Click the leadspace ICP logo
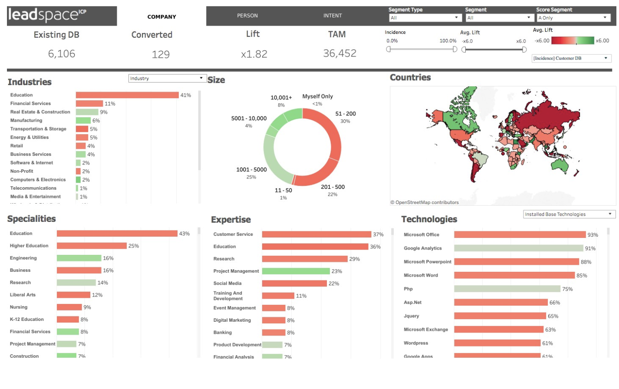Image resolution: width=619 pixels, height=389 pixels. point(61,16)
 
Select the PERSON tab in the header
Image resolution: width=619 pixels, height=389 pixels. point(247,16)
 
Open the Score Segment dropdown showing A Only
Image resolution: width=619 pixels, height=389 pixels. point(573,18)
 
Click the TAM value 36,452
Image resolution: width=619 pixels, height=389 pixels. point(339,53)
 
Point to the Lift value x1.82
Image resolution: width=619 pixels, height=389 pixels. point(254,54)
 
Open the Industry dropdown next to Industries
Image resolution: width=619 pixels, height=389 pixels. point(166,79)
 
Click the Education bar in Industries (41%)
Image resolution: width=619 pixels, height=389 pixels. point(127,95)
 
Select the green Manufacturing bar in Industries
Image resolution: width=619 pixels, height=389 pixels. point(83,121)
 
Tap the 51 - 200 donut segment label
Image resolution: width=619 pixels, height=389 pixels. point(345,114)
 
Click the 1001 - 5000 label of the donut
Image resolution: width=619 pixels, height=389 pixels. point(251,170)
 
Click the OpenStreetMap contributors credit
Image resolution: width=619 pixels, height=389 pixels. point(424,202)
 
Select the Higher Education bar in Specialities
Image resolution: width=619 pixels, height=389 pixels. point(92,246)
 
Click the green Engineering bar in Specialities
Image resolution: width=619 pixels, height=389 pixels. point(79,258)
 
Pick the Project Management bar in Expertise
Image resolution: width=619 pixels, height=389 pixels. point(296,271)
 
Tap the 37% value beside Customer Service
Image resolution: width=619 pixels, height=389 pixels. point(378,234)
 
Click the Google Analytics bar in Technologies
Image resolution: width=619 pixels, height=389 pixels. point(518,248)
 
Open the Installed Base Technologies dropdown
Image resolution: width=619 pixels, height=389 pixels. point(569,214)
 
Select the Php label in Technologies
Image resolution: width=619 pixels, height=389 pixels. point(408,289)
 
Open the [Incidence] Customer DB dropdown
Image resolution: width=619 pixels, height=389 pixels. point(571,58)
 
